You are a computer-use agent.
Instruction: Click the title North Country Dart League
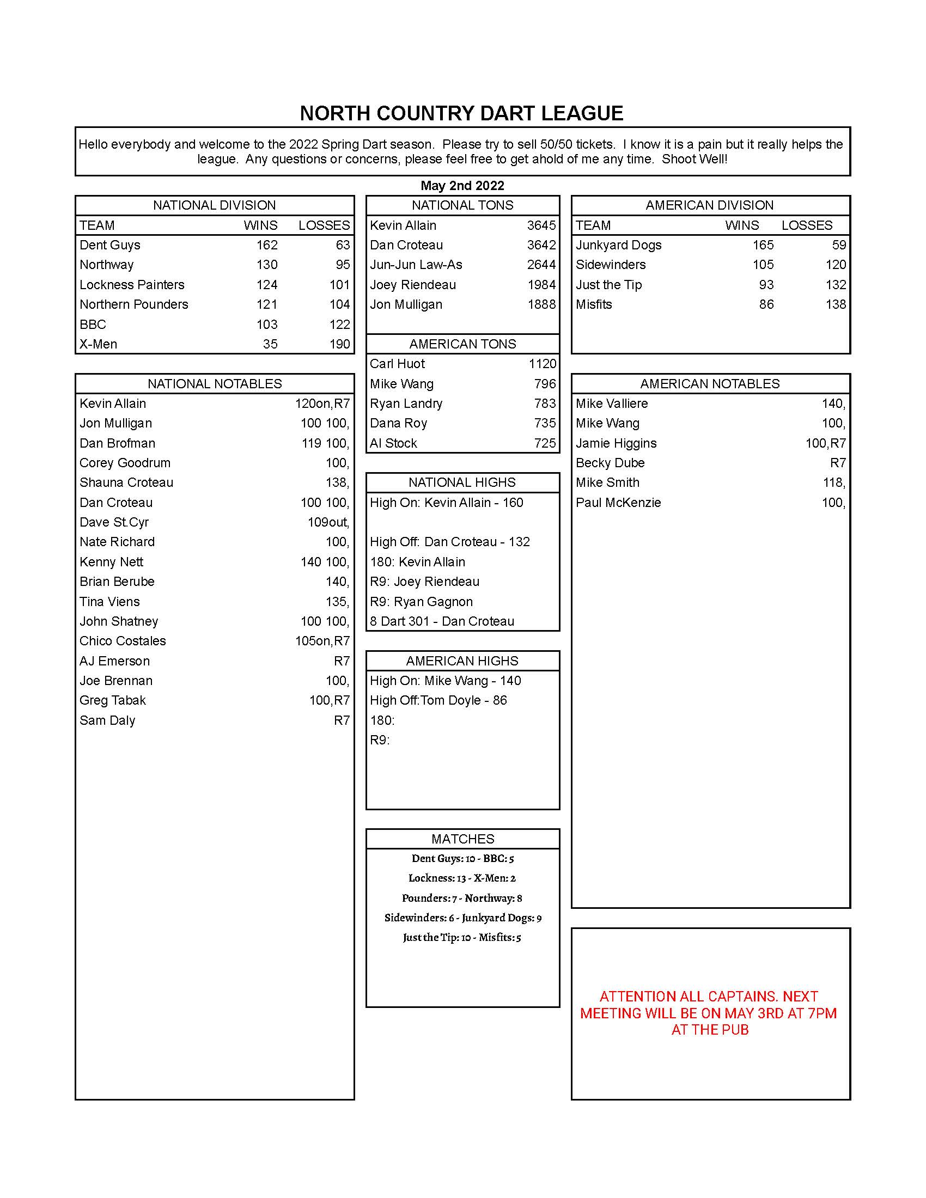pos(461,114)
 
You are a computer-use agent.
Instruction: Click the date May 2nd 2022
pos(462,185)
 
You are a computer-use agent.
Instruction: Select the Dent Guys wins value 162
pos(266,245)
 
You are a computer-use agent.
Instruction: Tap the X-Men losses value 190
pos(339,344)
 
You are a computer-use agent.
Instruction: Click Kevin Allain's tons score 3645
pos(541,225)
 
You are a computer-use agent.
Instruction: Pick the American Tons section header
pos(462,344)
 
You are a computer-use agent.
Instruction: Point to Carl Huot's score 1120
pos(542,364)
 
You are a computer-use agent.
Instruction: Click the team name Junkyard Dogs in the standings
pos(618,245)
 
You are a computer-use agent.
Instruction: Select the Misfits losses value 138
pos(836,304)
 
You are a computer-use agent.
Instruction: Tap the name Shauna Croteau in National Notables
pos(126,482)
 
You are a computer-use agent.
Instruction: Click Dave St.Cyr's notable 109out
pos(328,522)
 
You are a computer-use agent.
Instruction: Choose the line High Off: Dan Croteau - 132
pos(449,542)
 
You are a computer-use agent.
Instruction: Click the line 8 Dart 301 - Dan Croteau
pos(442,621)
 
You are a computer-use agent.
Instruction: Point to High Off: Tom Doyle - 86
pos(438,700)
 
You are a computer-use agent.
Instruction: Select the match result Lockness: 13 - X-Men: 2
pos(462,878)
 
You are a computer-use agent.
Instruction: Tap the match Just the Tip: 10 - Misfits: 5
pos(462,938)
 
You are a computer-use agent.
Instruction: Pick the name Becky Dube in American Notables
pos(610,463)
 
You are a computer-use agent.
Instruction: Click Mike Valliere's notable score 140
pos(833,404)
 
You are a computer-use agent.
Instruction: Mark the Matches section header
pos(462,839)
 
